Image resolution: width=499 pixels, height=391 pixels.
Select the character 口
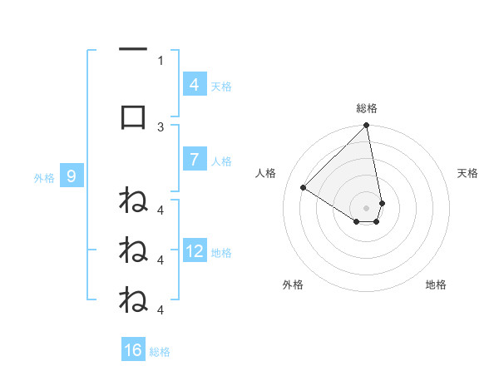tap(133, 117)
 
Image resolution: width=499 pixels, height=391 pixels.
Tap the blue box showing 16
tap(133, 350)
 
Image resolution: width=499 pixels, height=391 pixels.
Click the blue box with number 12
tap(194, 252)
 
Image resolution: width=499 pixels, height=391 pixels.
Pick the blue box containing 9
tap(72, 176)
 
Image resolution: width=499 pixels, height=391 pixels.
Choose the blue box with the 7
tap(194, 161)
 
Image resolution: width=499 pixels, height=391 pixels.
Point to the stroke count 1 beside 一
tap(161, 60)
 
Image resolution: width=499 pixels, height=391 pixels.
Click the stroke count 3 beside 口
tap(161, 126)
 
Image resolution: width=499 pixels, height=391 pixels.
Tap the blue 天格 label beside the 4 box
tap(221, 87)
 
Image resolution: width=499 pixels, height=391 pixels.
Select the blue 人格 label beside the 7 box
tap(221, 161)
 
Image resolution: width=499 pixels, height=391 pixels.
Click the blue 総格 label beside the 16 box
tap(160, 352)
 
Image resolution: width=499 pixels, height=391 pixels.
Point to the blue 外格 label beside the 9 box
tap(43, 177)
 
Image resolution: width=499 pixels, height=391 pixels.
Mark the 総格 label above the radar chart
tap(367, 108)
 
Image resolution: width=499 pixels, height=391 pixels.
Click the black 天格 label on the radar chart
tap(468, 173)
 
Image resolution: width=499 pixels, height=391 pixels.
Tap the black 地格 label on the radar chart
tap(436, 285)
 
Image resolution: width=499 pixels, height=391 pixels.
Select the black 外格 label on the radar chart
tap(293, 285)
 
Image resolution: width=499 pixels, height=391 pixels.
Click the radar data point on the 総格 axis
tap(367, 126)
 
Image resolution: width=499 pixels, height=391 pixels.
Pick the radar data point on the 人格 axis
tap(304, 188)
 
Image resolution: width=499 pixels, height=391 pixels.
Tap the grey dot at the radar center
tap(367, 207)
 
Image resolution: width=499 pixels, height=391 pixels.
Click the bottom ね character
tap(133, 299)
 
